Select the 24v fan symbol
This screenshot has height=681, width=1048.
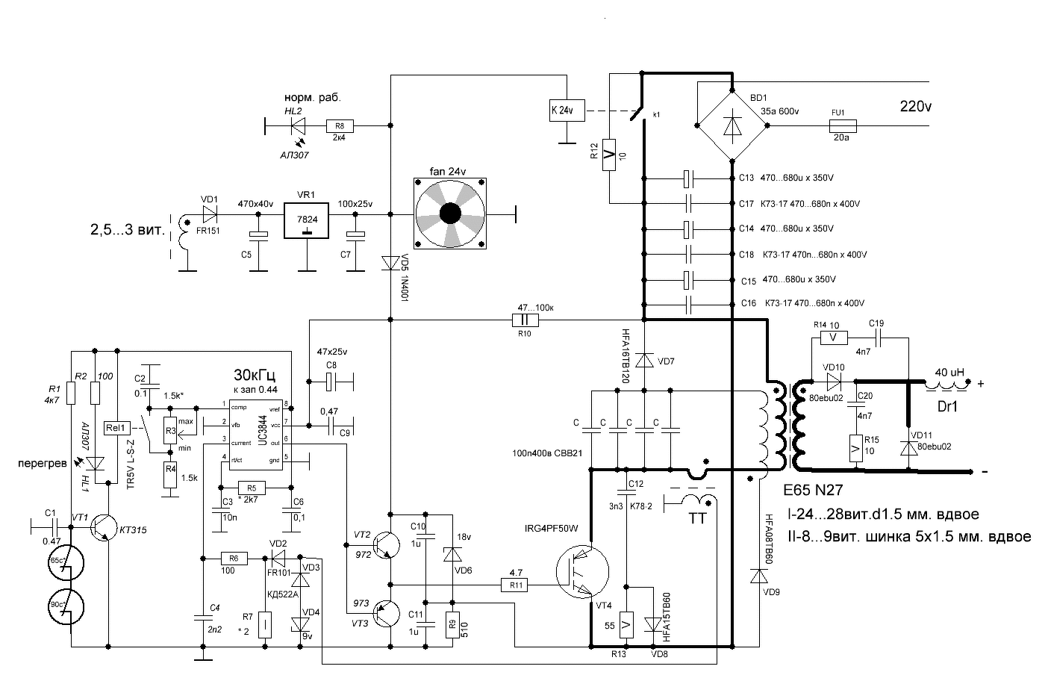pyautogui.click(x=451, y=214)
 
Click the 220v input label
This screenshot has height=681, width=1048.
pyautogui.click(x=915, y=107)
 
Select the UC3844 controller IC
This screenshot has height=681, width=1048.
pyautogui.click(x=258, y=433)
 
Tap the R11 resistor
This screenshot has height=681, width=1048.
pyautogui.click(x=516, y=585)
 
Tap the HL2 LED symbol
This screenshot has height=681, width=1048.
pyautogui.click(x=298, y=126)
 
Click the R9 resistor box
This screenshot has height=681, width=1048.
pyautogui.click(x=451, y=624)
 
